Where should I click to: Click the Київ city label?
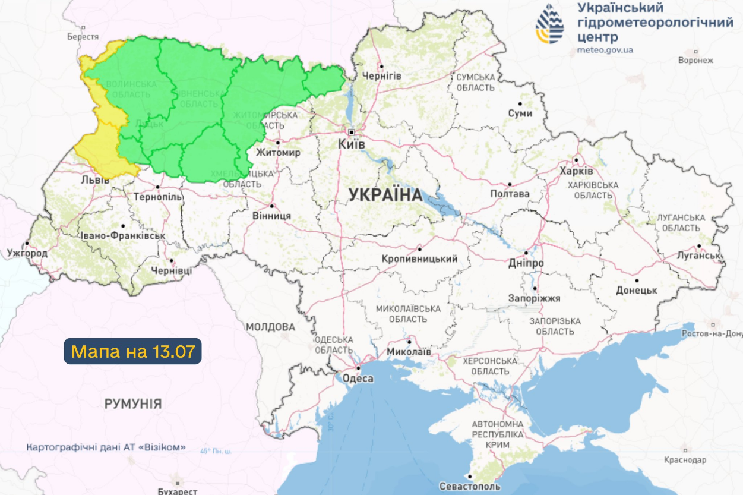click(352, 144)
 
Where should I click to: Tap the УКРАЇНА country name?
click(385, 195)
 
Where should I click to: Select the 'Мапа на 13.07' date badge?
click(133, 351)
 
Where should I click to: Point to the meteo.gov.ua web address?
click(605, 50)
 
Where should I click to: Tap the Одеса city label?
click(357, 379)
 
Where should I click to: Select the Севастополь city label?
click(470, 486)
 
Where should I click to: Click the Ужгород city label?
click(27, 253)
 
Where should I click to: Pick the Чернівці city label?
click(171, 270)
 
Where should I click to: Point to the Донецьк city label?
click(636, 291)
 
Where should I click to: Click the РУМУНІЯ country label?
click(133, 404)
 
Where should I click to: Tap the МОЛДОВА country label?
click(270, 327)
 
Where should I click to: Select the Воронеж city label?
click(695, 60)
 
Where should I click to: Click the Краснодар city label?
click(686, 460)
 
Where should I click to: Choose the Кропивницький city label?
click(419, 259)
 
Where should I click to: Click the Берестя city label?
click(83, 37)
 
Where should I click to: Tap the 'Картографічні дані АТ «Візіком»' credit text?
click(106, 447)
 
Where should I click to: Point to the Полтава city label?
click(510, 194)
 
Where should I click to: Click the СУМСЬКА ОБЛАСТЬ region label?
click(475, 83)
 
